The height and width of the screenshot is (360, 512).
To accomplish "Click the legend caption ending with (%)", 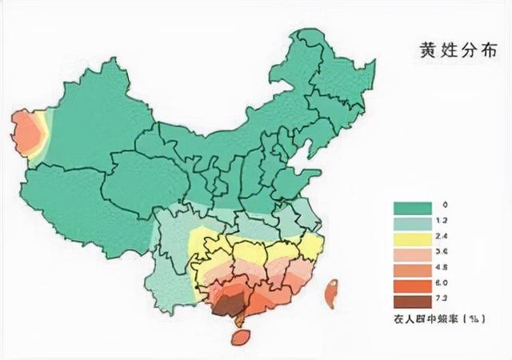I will tap(439, 318).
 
